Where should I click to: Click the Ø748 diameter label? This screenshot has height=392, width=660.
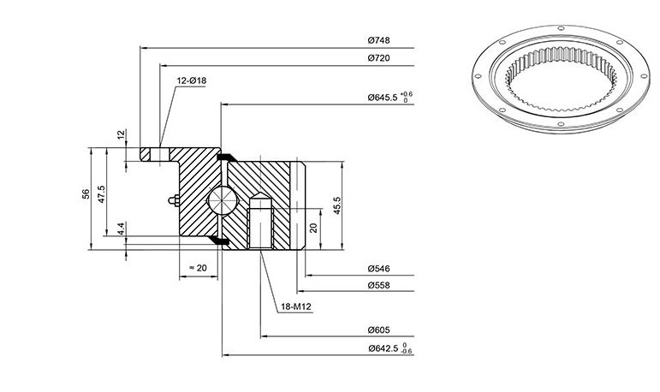[379, 40]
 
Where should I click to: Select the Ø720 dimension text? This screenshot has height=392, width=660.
[379, 58]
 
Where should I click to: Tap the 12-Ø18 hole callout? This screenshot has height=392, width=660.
[192, 80]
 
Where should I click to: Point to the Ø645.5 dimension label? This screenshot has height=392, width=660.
[382, 98]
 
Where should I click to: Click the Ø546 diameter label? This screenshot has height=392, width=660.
[379, 269]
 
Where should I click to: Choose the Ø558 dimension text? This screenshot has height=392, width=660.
[379, 286]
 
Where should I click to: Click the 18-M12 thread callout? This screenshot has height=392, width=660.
[296, 307]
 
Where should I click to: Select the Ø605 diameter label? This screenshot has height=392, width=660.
[379, 330]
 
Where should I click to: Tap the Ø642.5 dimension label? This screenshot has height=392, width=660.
[383, 348]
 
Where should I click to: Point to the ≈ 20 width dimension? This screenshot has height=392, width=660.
[198, 268]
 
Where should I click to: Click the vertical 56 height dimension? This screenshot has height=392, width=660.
[86, 193]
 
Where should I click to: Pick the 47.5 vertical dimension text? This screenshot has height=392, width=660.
[102, 194]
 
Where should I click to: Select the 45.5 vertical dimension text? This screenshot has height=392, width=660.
[337, 205]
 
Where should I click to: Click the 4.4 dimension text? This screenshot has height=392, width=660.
[121, 229]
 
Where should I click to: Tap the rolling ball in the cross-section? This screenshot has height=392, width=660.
[223, 200]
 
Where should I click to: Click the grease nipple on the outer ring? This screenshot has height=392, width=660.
[173, 200]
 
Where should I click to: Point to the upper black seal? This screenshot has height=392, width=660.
[227, 157]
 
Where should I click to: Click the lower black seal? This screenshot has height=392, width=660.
[219, 241]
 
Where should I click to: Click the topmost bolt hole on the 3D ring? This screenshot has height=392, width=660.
[561, 28]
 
